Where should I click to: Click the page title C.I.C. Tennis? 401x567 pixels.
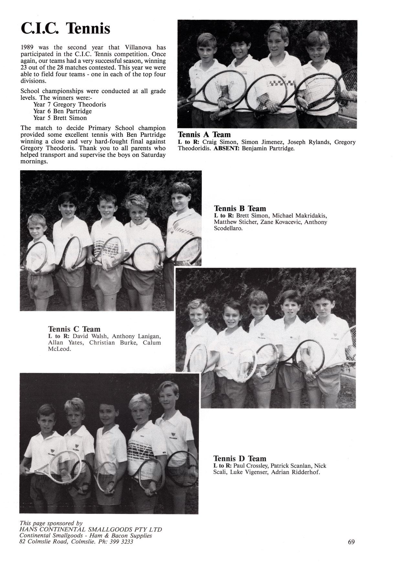click(65, 28)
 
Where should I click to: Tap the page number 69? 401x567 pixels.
click(351, 542)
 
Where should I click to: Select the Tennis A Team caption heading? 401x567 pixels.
click(204, 134)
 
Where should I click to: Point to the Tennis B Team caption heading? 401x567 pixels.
click(240, 209)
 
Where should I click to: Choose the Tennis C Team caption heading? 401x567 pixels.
click(74, 329)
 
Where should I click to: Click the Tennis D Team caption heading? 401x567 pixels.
click(240, 458)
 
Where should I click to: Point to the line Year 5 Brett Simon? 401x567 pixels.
click(60, 118)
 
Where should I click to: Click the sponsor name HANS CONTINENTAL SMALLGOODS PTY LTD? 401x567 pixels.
click(91, 529)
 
